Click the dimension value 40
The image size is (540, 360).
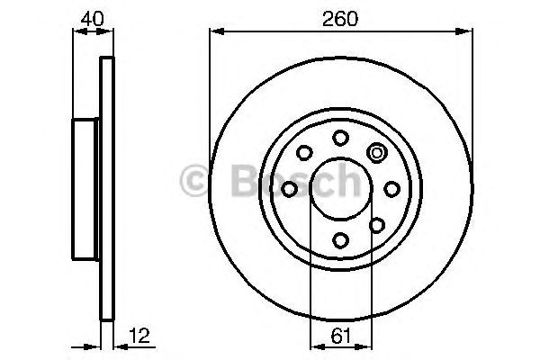(90, 16)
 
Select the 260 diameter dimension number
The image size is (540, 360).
(341, 16)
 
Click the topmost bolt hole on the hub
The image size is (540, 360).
(340, 137)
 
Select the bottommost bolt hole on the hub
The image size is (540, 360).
(340, 239)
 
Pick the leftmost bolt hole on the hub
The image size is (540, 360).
(289, 188)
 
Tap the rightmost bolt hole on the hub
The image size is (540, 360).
(391, 188)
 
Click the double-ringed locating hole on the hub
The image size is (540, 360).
(377, 152)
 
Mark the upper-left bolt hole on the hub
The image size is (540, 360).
(304, 152)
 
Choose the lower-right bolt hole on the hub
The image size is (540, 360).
(377, 224)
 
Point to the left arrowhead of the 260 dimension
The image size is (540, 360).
(215, 31)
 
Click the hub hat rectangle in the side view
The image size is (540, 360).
(85, 188)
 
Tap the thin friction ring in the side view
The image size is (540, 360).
(107, 188)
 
